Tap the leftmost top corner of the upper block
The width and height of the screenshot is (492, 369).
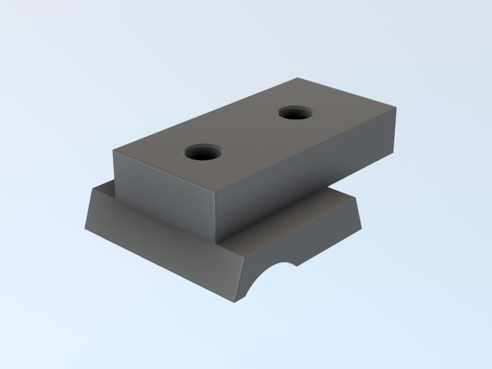pos(113,150)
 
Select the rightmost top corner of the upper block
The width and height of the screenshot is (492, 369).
pos(396,107)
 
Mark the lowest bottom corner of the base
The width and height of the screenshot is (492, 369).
pos(234,302)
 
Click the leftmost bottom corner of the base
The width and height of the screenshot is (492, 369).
pos(85,228)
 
